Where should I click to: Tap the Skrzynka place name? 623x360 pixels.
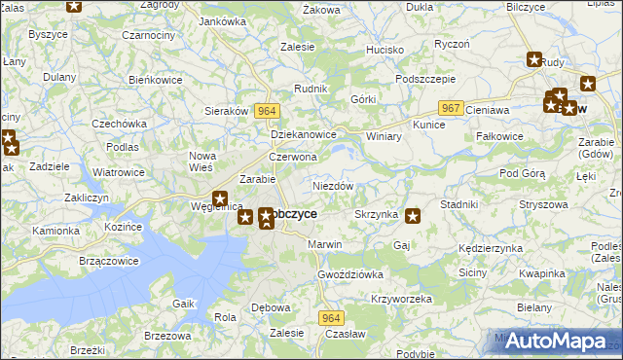[x=375, y=213]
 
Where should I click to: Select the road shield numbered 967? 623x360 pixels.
[x=449, y=108]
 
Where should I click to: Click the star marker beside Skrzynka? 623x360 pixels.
[x=414, y=216]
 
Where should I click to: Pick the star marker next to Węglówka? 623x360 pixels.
[x=221, y=198]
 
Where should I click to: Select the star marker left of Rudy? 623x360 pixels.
[x=534, y=59]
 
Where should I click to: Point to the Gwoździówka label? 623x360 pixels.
[x=350, y=274]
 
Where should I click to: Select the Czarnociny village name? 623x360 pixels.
[x=119, y=63]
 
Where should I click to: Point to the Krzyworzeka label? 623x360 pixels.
[x=401, y=299]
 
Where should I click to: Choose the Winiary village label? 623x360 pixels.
[x=384, y=136]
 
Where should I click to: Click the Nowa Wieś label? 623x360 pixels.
[x=202, y=162]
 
